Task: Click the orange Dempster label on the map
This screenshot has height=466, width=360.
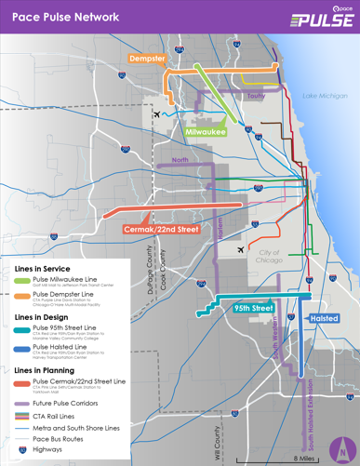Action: point(147,59)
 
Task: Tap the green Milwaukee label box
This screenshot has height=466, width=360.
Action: point(206,132)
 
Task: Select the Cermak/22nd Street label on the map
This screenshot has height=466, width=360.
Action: point(161,229)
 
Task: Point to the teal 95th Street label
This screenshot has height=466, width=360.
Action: point(253,307)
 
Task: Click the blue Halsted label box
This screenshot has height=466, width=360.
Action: point(324,318)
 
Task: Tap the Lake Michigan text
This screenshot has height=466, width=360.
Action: point(325,96)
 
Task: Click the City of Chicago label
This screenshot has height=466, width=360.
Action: point(270,257)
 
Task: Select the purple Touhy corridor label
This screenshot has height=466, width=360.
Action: point(257,96)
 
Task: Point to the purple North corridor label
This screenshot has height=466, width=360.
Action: point(180,160)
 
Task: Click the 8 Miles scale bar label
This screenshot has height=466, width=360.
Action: point(304,457)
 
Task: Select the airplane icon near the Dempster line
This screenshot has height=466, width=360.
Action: point(155,114)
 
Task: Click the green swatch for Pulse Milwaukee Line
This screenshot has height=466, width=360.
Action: point(21,280)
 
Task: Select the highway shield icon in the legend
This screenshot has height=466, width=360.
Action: point(21,448)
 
